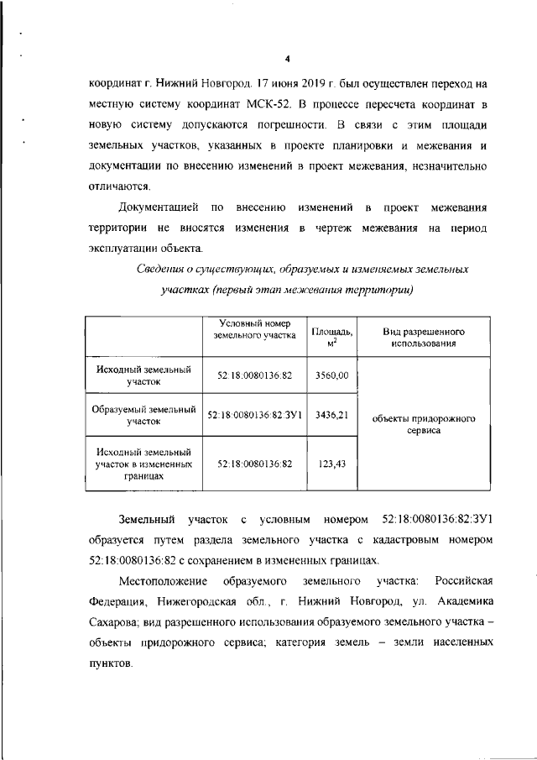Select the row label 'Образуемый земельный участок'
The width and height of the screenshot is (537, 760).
click(x=143, y=415)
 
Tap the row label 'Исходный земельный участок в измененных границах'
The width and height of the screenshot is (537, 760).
click(x=143, y=463)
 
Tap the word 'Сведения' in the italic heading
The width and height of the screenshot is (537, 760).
click(x=164, y=270)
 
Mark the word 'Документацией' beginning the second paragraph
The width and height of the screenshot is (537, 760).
click(x=158, y=207)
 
